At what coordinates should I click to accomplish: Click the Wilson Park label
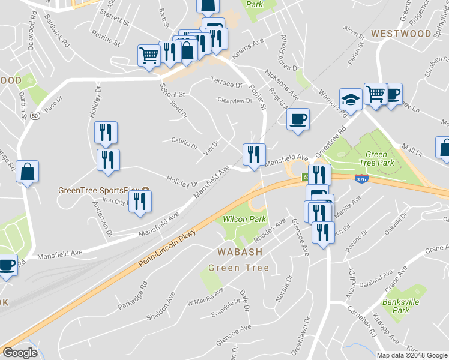[x=244, y=220]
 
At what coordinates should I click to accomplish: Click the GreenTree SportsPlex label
[x=94, y=191]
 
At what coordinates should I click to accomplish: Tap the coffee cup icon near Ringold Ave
[x=298, y=118]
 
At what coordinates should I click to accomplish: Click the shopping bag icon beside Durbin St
[x=27, y=172]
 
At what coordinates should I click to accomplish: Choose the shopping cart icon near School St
[x=149, y=56]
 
